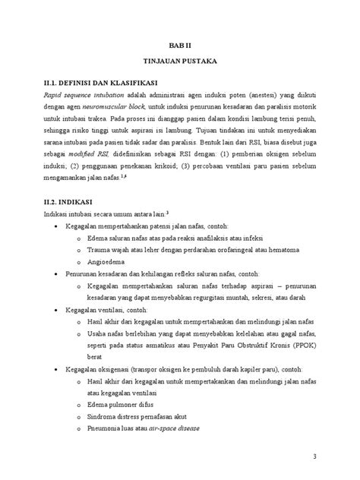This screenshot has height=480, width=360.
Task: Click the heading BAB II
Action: (x=180, y=46)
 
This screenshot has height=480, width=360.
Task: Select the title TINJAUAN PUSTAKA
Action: (x=180, y=66)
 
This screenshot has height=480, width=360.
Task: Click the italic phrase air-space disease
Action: (x=172, y=429)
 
